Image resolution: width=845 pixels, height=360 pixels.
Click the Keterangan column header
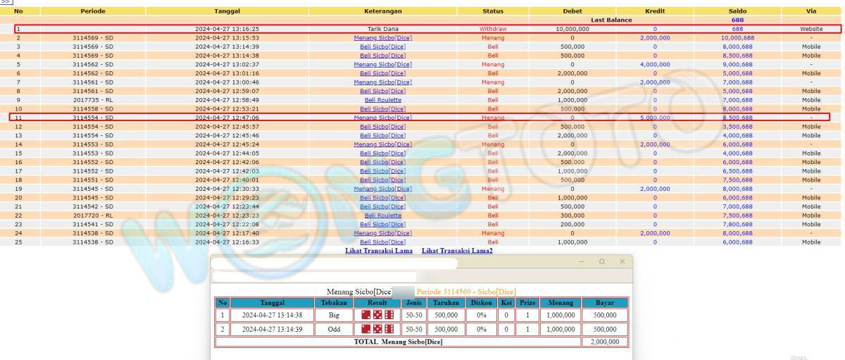(x=382, y=11)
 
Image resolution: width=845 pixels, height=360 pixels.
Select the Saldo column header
(x=737, y=11)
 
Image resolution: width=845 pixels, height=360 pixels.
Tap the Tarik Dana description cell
(x=382, y=29)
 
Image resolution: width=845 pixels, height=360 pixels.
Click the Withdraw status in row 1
(x=492, y=29)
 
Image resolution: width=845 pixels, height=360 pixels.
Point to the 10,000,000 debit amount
(x=572, y=29)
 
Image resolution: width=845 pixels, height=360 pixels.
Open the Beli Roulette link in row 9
(x=382, y=100)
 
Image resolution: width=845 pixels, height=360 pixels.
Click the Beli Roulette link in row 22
(x=382, y=216)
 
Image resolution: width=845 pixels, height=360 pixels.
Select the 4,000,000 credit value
(x=655, y=64)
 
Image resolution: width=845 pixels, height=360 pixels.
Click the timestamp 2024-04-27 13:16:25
(x=227, y=29)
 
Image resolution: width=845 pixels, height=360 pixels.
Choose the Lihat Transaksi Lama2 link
(x=457, y=251)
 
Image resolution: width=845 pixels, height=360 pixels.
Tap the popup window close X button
(x=622, y=261)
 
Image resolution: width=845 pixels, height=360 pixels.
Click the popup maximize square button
(x=601, y=261)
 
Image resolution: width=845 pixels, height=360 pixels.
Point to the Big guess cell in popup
(x=334, y=316)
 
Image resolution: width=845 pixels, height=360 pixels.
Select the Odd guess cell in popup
(x=334, y=329)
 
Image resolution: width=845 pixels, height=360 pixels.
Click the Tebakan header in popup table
(x=334, y=302)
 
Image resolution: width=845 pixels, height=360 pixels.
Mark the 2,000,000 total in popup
(x=604, y=342)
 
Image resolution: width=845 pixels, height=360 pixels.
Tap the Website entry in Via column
(x=810, y=29)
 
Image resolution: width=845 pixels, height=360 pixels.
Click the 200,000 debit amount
(x=572, y=224)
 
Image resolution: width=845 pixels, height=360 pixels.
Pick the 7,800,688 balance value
(x=737, y=224)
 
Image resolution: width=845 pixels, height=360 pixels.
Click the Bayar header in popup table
(x=604, y=302)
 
